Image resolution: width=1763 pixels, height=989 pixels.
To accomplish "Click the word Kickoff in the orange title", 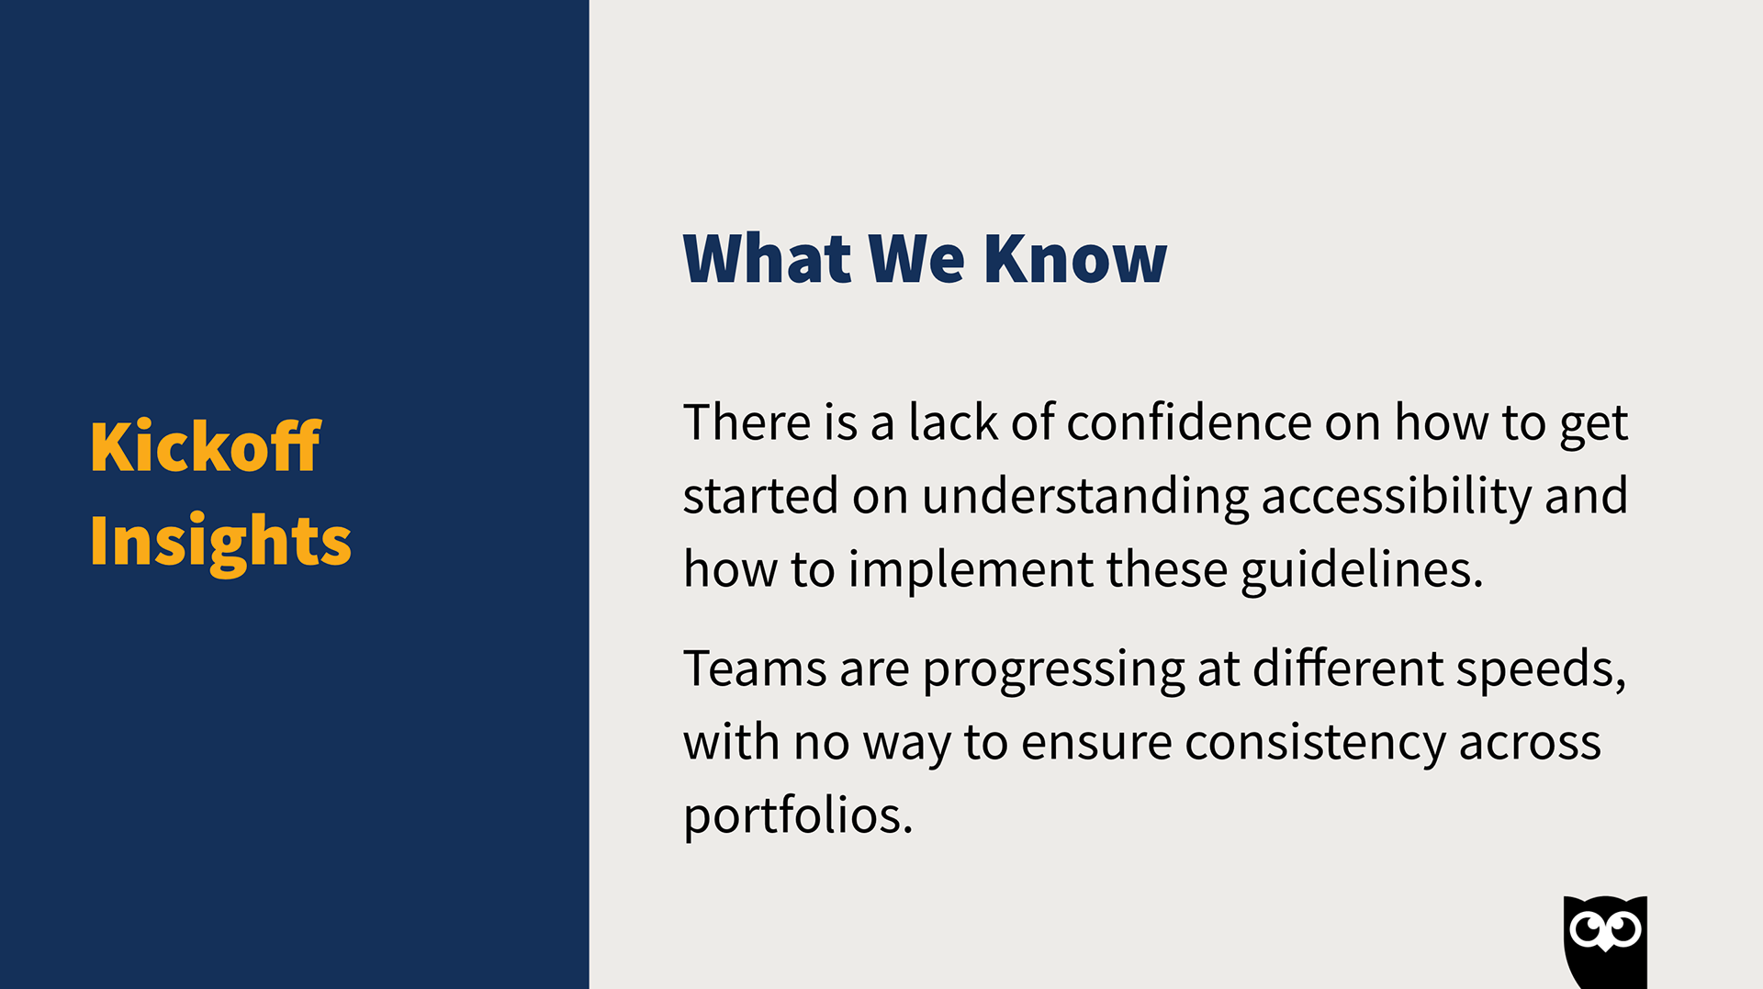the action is pos(206,446).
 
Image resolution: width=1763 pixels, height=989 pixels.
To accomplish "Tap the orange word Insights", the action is pos(220,542).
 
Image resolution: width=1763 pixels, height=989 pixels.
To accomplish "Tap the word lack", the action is pos(953,422).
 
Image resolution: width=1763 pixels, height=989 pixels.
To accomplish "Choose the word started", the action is pos(761,496).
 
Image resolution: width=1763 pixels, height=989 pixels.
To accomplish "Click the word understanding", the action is pos(1085,498).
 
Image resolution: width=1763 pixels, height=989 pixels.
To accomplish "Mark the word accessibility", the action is pos(1397,498).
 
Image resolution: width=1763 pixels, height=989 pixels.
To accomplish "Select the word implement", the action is pos(971,571).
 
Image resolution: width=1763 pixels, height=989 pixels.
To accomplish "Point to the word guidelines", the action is pos(1363,571).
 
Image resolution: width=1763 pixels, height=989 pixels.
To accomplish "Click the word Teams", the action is pos(756,669).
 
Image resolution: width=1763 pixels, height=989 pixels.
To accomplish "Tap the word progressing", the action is pos(1054,670).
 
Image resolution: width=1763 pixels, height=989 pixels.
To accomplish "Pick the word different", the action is pos(1348,669).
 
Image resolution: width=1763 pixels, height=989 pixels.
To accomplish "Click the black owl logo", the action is pos(1605,942).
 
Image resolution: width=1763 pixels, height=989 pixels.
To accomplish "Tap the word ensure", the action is pos(1096,744).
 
